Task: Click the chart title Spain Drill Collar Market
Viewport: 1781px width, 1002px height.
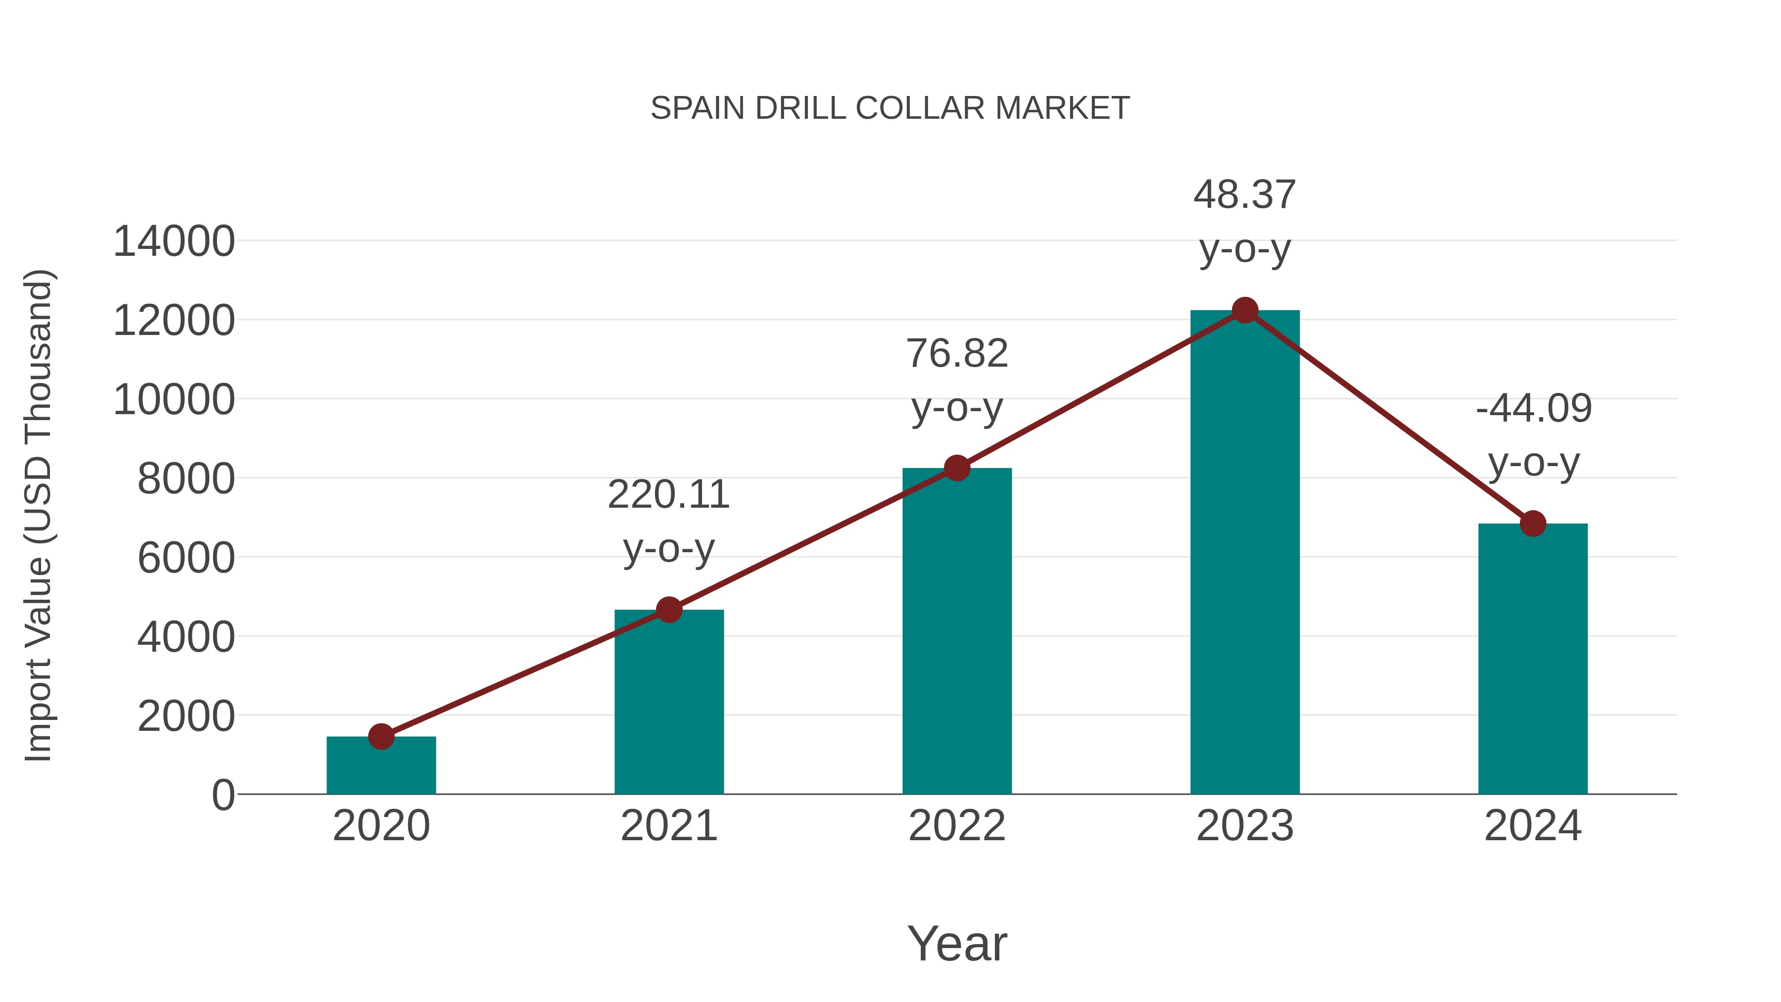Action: click(x=890, y=108)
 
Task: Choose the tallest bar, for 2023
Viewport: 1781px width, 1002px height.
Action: click(x=1245, y=553)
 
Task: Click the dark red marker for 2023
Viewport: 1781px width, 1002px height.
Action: click(x=1245, y=310)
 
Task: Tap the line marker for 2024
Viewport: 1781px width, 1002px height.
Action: click(x=1533, y=524)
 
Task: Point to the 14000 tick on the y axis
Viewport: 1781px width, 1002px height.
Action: click(x=174, y=242)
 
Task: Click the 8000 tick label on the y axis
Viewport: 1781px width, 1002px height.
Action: click(x=186, y=478)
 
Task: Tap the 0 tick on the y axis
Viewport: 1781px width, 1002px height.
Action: click(x=223, y=795)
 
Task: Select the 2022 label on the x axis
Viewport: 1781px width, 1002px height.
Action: click(x=957, y=826)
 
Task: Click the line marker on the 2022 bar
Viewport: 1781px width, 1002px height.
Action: click(x=957, y=468)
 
